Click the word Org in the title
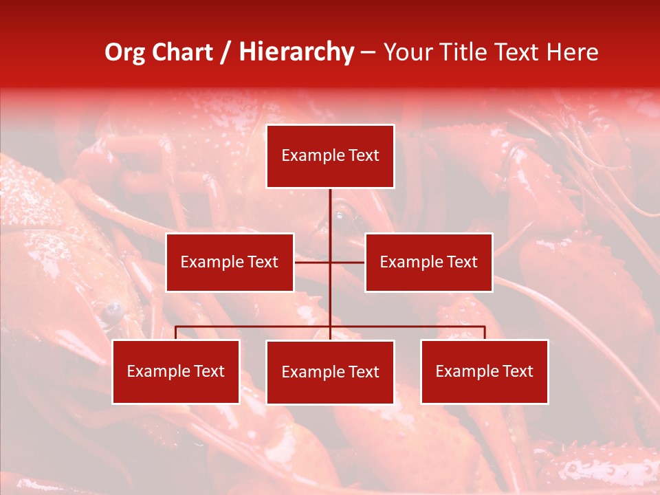pyautogui.click(x=124, y=52)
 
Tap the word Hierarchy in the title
pyautogui.click(x=296, y=52)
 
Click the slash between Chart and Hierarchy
pyautogui.click(x=225, y=53)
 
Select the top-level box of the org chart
pyautogui.click(x=330, y=156)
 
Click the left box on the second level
pyautogui.click(x=230, y=262)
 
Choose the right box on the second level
pyautogui.click(x=428, y=262)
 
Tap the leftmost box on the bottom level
pyautogui.click(x=176, y=371)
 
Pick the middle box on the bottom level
pyautogui.click(x=330, y=372)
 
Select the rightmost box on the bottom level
pyautogui.click(x=485, y=371)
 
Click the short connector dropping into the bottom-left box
pyautogui.click(x=176, y=333)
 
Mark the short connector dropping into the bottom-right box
pyautogui.click(x=485, y=333)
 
